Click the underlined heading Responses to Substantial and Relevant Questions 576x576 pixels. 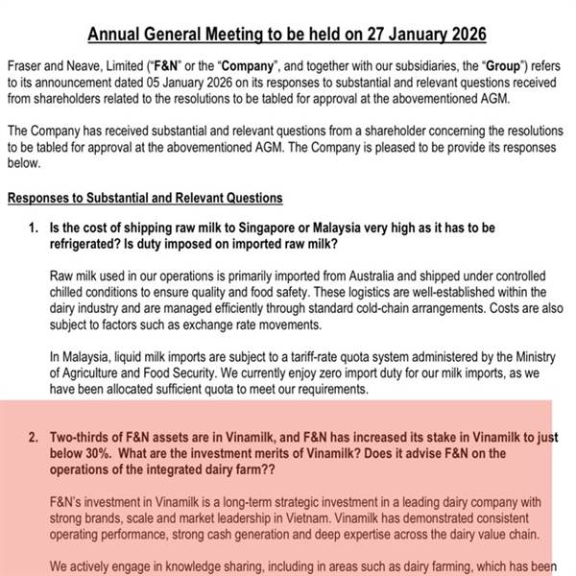pos(144,198)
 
